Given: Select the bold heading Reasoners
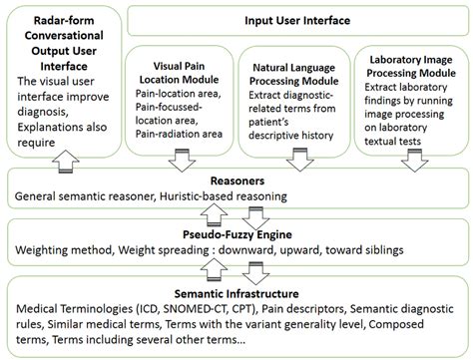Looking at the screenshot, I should pos(236,181).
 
